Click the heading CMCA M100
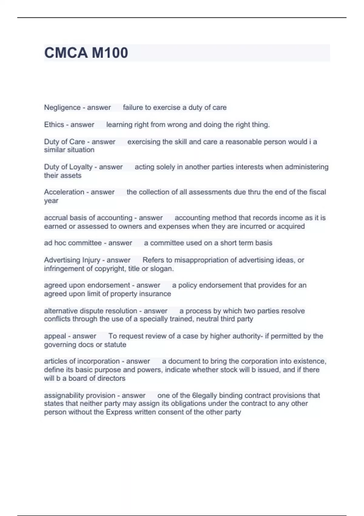tap(86, 53)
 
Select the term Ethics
tap(54, 125)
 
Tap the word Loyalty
tap(81, 167)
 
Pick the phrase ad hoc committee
tap(73, 243)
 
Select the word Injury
tap(91, 260)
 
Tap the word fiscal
tap(317, 192)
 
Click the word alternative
tap(61, 311)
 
